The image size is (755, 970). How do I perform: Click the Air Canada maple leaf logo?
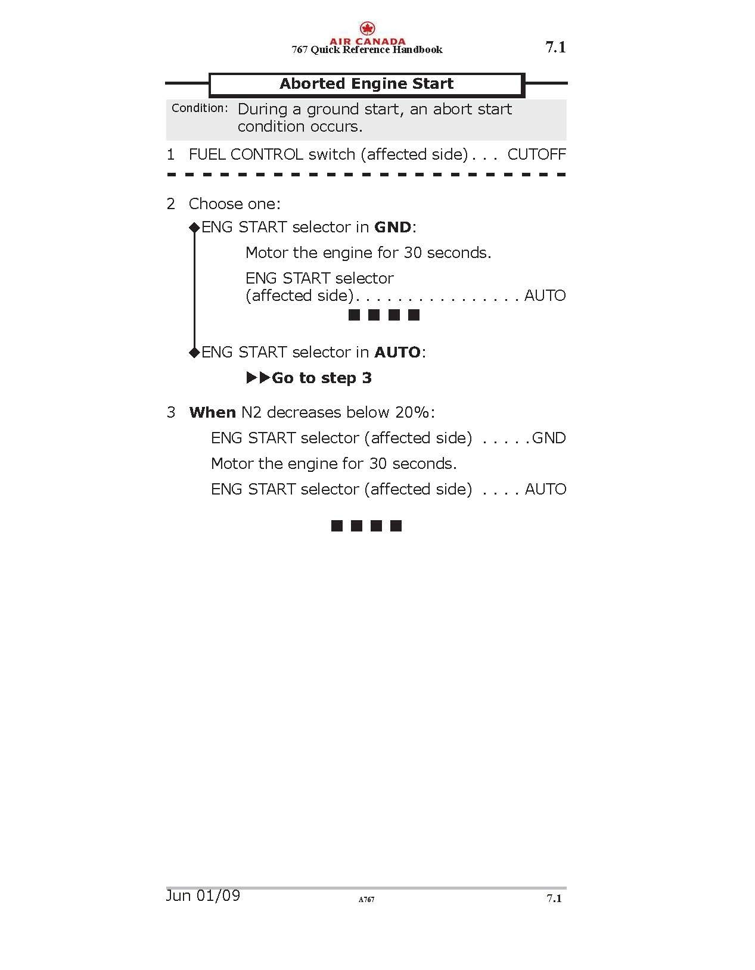click(367, 28)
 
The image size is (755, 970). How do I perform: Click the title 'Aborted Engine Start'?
click(366, 84)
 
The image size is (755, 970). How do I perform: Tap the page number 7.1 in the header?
click(555, 48)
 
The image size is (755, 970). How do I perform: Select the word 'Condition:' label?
click(200, 108)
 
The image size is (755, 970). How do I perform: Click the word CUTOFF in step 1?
click(536, 154)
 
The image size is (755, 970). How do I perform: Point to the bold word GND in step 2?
click(393, 227)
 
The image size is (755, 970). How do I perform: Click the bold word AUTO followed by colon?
click(397, 352)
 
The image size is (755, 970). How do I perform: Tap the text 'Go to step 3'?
click(322, 378)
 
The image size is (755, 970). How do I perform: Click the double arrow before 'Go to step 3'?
click(258, 378)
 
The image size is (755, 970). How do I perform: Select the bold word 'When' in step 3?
click(212, 412)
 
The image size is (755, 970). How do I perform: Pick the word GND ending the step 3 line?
click(549, 438)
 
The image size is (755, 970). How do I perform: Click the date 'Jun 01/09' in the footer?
click(203, 896)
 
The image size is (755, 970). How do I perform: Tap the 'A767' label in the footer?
click(366, 899)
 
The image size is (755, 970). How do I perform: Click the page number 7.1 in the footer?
click(554, 899)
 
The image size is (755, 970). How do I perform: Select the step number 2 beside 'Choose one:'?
click(171, 204)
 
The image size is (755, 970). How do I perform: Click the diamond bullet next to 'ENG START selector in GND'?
click(194, 227)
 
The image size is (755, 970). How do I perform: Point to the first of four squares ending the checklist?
click(337, 526)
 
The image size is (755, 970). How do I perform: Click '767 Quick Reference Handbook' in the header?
click(366, 50)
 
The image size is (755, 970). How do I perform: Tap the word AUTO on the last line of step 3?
click(545, 489)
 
